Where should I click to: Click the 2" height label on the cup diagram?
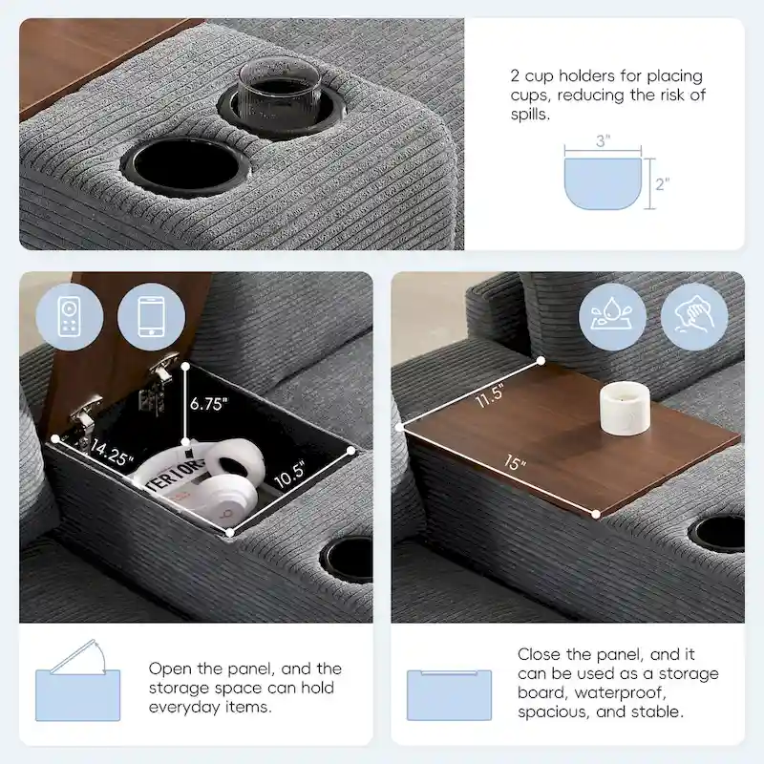662,183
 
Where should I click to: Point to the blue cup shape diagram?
603,183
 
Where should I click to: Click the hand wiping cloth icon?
695,316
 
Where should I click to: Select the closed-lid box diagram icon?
449,694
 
